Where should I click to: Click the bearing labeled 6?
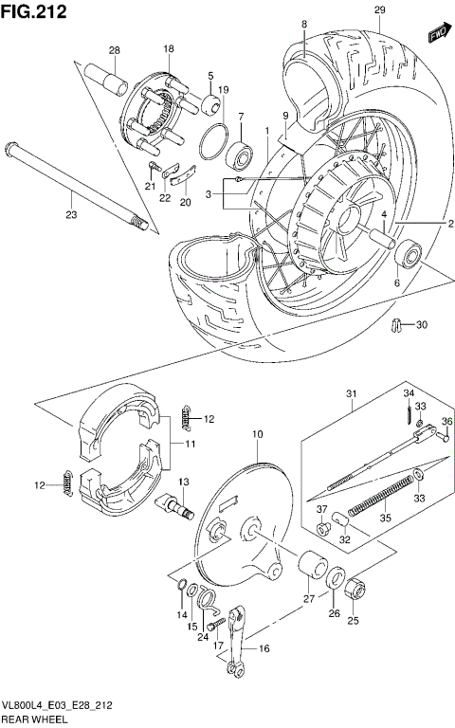[x=409, y=254]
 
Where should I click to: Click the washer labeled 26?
[x=336, y=581]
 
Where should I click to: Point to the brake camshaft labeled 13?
[x=182, y=503]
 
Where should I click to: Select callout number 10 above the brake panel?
[x=256, y=434]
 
